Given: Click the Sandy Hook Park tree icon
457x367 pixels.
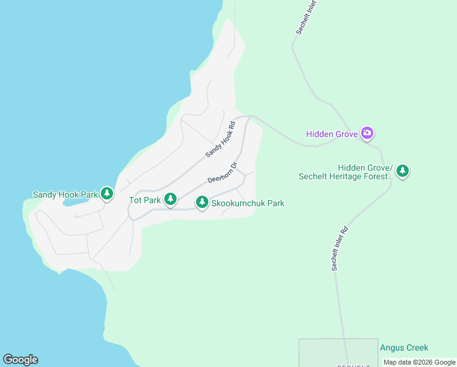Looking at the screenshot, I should (x=107, y=195).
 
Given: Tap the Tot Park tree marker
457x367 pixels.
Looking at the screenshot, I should (x=171, y=199).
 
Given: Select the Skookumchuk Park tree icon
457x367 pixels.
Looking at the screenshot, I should (x=202, y=202).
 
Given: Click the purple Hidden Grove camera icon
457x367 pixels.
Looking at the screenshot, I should (x=367, y=133).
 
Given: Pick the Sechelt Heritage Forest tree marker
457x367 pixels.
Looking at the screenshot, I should (x=402, y=171).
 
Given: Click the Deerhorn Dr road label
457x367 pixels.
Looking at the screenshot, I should (x=222, y=173).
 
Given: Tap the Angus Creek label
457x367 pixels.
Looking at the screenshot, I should (x=404, y=347).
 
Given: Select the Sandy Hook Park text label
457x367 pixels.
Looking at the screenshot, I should (x=65, y=195).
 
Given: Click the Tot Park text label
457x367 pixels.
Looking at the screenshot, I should (x=145, y=200).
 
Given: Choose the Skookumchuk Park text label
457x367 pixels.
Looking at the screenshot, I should (x=247, y=203).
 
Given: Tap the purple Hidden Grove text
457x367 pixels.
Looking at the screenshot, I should (x=332, y=133).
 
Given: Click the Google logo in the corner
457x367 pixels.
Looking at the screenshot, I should (x=20, y=360).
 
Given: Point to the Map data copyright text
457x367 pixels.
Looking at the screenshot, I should (x=419, y=362).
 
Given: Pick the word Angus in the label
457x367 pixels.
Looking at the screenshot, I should (x=392, y=347).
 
